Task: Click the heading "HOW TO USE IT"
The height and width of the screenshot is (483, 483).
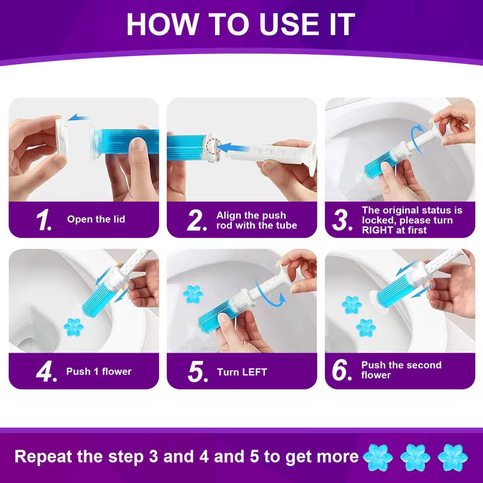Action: (241, 24)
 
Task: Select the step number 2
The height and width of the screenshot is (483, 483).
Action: (197, 220)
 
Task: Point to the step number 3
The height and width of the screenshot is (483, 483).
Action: (342, 220)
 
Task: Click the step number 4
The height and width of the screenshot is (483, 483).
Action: (46, 371)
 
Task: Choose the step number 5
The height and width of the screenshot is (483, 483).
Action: (197, 371)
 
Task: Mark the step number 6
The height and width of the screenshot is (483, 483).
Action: (342, 371)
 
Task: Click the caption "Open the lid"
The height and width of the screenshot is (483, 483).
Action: (96, 220)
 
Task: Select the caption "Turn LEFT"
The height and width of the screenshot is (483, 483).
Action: (242, 372)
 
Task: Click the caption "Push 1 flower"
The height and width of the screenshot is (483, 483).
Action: (98, 371)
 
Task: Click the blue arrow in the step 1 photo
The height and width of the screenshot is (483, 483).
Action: (78, 118)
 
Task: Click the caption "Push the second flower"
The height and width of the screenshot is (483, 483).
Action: (401, 370)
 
